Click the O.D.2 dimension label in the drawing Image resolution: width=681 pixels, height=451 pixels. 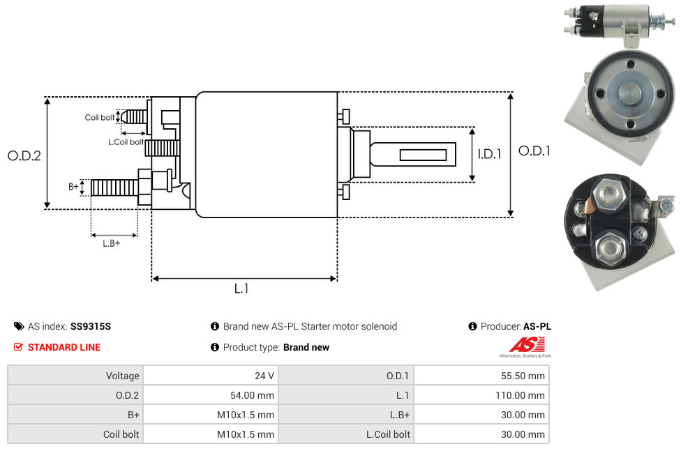click(24, 155)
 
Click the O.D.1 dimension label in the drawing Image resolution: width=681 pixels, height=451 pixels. click(534, 151)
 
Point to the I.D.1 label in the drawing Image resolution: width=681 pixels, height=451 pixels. click(489, 154)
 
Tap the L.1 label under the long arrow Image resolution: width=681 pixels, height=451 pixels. click(241, 289)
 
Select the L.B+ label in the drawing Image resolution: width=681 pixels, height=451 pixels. click(112, 243)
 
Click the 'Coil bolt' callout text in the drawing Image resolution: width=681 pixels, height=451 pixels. click(99, 117)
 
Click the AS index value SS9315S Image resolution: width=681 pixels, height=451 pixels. click(91, 326)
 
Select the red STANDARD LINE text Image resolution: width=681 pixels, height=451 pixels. click(64, 347)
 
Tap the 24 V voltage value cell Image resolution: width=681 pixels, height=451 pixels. click(264, 376)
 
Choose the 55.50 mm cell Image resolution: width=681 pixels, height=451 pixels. click(523, 376)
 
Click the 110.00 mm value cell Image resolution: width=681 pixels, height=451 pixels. click(523, 395)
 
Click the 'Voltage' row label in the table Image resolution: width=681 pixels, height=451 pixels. click(123, 376)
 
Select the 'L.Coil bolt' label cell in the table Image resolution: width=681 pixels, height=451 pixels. click(388, 434)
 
